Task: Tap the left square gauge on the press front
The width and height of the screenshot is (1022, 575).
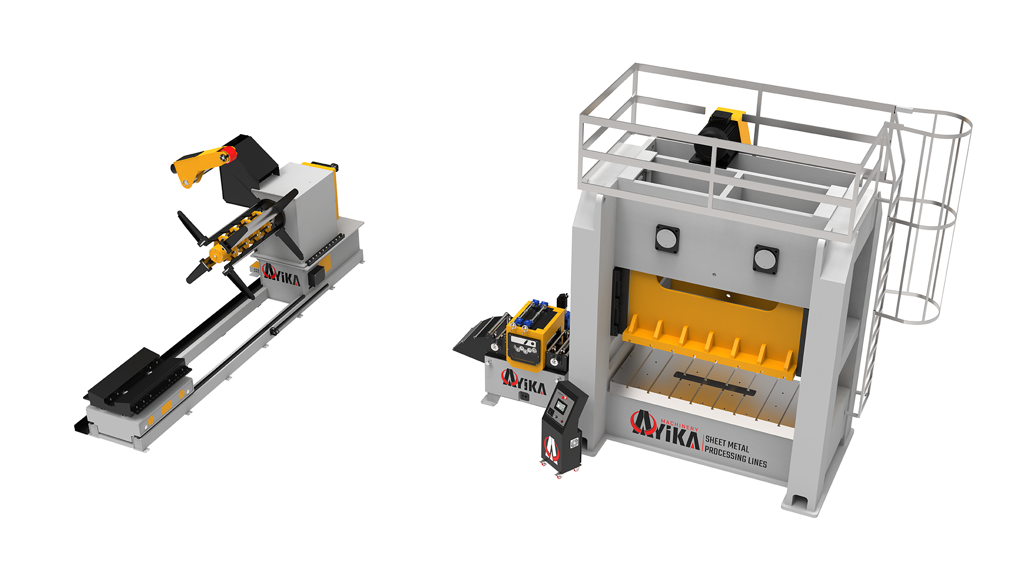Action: (667, 238)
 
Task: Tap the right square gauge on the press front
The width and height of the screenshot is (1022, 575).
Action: (765, 259)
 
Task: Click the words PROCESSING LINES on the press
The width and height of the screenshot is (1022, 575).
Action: (735, 458)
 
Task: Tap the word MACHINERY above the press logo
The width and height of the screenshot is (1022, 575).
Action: (679, 425)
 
